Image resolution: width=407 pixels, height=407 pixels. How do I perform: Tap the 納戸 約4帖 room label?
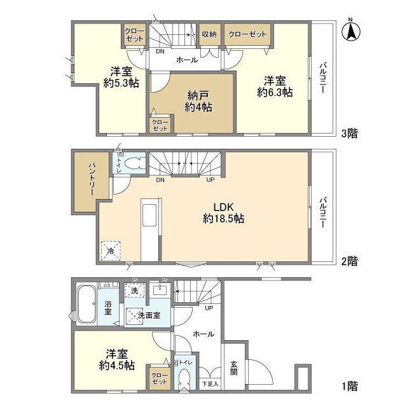198,102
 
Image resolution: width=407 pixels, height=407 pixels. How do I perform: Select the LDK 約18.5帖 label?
223,213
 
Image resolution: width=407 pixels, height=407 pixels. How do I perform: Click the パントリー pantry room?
92,182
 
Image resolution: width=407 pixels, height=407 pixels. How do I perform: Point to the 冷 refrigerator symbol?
111,251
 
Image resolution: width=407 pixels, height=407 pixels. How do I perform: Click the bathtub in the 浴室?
86,305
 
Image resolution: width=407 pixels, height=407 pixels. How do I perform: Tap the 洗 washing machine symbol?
134,290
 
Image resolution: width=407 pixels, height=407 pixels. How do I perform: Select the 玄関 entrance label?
233,369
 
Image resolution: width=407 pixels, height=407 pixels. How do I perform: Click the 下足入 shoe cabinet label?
210,384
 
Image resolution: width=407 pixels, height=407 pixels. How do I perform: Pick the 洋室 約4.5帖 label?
117,360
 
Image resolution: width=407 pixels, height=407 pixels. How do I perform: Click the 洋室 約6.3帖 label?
275,86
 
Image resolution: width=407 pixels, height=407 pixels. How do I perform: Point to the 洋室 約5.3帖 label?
121,77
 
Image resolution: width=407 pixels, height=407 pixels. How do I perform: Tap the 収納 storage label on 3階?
209,34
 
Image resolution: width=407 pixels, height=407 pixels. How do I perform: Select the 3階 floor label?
349,134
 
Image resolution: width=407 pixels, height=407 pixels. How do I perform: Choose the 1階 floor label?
349,387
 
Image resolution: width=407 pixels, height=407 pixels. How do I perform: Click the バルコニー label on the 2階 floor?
323,212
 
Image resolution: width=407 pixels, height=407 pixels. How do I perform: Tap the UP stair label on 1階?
209,308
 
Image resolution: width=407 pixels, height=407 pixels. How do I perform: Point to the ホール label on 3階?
187,60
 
